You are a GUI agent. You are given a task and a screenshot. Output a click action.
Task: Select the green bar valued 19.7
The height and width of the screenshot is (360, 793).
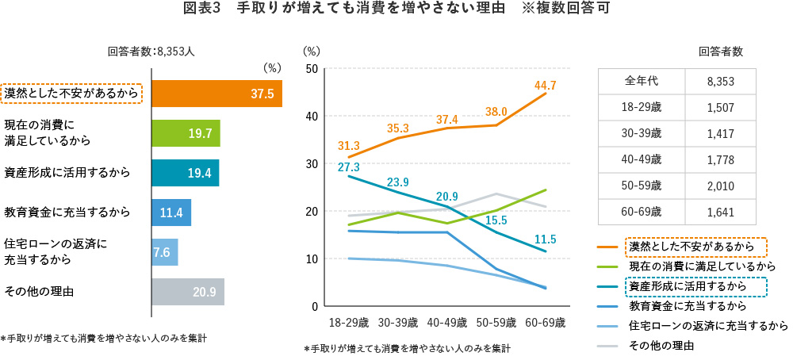pos(185,133)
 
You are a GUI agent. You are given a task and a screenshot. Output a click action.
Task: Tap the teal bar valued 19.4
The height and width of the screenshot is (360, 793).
pos(184,173)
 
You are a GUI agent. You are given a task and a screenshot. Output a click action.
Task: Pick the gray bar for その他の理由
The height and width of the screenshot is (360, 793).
pos(187,292)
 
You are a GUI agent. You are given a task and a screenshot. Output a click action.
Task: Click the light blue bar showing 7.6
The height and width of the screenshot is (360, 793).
pos(164,252)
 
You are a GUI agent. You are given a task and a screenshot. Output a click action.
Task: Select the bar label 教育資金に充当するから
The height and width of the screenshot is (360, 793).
pos(67,213)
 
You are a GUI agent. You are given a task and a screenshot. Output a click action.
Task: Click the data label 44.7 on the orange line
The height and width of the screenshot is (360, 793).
pos(545,86)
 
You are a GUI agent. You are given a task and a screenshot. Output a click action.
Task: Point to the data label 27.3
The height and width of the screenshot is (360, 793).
pos(349,167)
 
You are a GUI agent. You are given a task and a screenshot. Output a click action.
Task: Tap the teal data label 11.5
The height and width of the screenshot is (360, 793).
pos(545,239)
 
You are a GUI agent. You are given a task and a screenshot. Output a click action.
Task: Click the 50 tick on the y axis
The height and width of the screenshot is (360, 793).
pos(312,69)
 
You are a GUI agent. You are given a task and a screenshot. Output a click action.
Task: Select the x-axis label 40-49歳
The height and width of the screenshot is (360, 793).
pos(448,324)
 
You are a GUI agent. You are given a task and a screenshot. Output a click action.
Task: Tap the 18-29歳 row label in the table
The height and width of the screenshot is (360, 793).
pos(642,108)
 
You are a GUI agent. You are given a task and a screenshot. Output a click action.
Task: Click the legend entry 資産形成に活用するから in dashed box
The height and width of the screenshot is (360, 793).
pos(686,286)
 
